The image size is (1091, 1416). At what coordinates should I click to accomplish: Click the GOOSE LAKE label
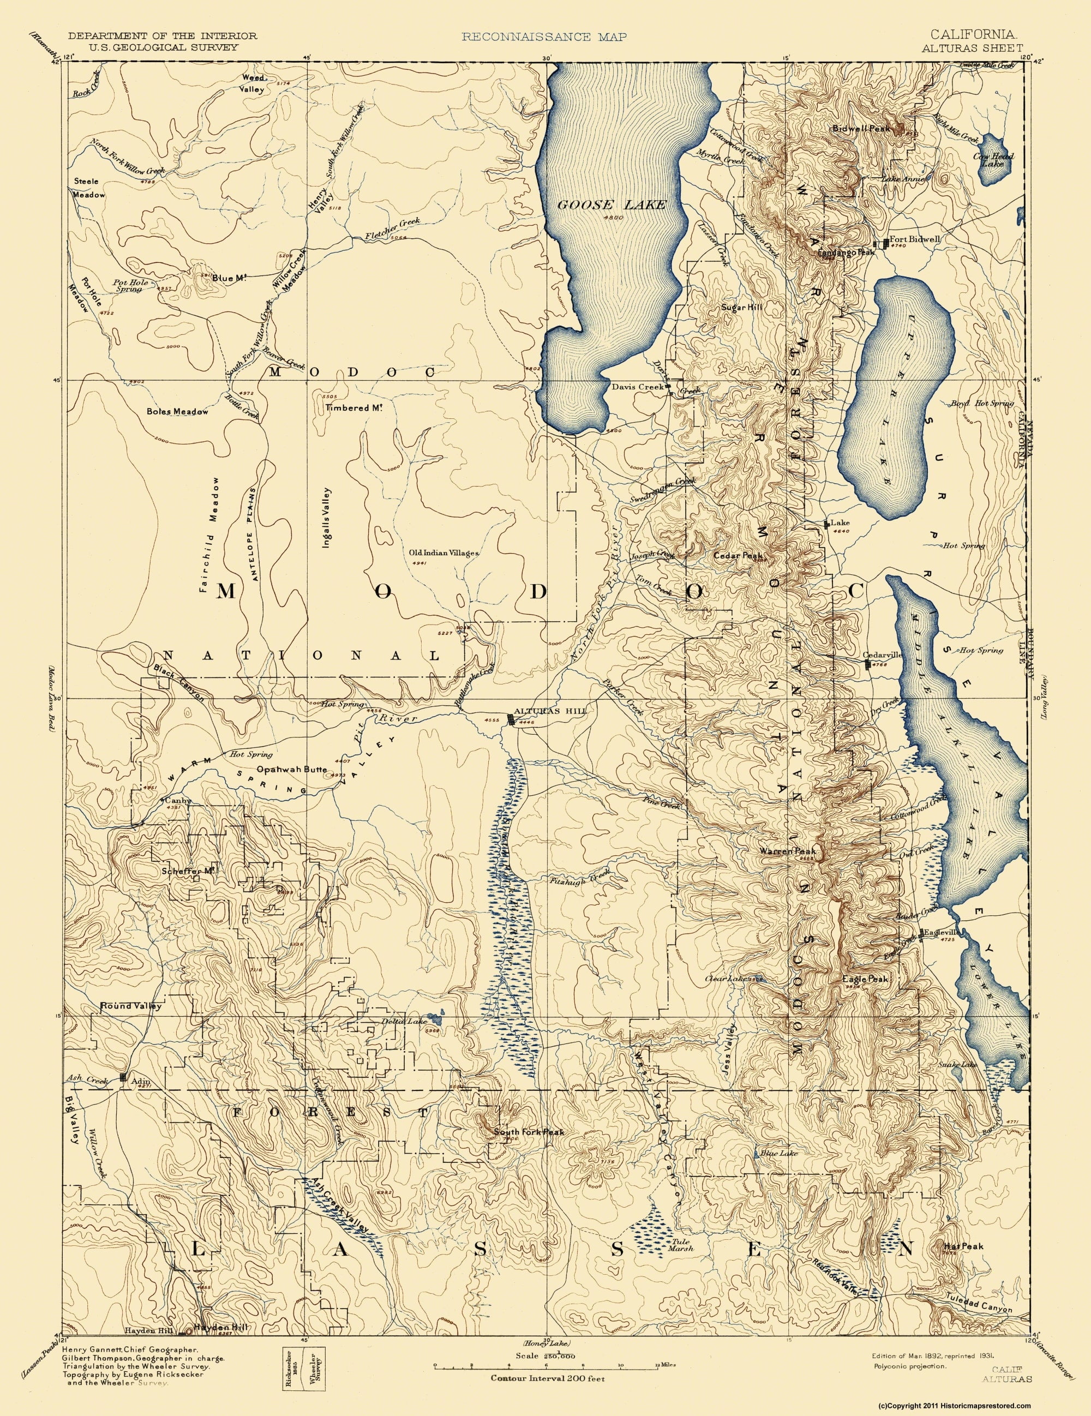tap(612, 205)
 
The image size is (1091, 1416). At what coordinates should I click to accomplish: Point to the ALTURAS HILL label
tap(550, 711)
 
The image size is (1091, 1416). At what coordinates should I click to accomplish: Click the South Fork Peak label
tap(529, 1132)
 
